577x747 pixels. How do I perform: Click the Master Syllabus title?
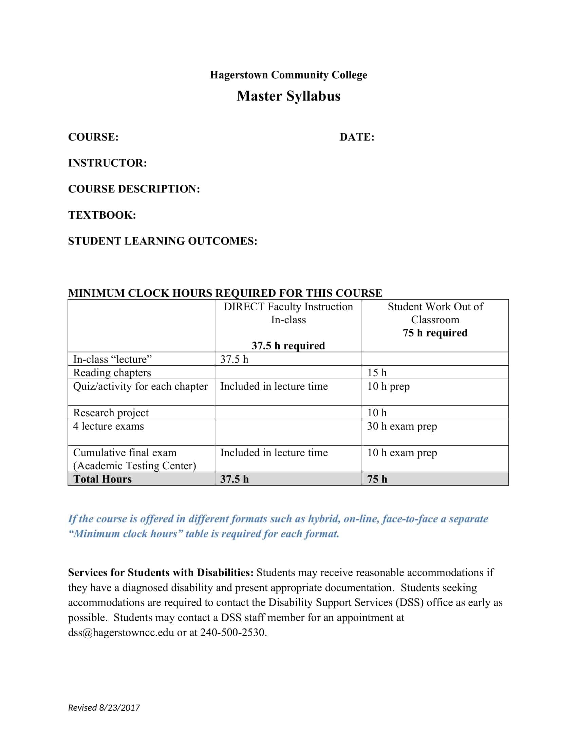point(288,96)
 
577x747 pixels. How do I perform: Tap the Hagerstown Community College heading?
point(288,75)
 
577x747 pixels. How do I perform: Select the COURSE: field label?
point(93,137)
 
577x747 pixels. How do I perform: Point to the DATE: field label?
point(357,137)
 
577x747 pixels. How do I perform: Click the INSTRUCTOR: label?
point(107,163)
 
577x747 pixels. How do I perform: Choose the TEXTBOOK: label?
point(102,215)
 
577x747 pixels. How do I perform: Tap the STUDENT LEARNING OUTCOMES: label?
point(162,241)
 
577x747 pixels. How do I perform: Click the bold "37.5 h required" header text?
point(288,346)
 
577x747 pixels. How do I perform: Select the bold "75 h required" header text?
point(435,333)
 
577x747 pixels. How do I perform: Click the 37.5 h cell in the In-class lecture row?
point(234,359)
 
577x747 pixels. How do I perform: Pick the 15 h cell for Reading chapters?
point(377,372)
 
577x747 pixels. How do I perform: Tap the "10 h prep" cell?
point(388,386)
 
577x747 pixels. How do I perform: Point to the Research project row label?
point(111,413)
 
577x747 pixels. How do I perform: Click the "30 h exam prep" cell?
point(402,426)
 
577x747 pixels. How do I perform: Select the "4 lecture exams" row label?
point(108,426)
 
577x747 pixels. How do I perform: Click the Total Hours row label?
point(102,479)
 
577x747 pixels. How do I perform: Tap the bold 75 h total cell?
point(377,479)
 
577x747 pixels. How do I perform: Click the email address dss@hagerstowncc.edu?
point(121,633)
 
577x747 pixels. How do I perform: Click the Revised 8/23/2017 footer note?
point(104,708)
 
